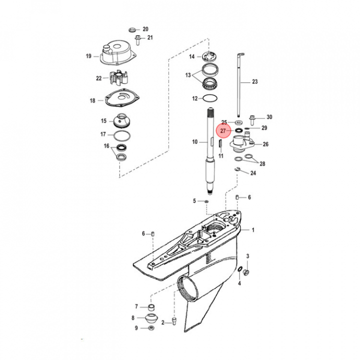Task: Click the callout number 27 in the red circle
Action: (223, 131)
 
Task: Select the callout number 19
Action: (88, 56)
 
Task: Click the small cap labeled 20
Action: (132, 30)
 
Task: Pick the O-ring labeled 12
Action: (210, 98)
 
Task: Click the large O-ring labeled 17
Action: (122, 135)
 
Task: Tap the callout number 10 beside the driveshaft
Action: (194, 142)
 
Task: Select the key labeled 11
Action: (219, 143)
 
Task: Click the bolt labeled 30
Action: (252, 120)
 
